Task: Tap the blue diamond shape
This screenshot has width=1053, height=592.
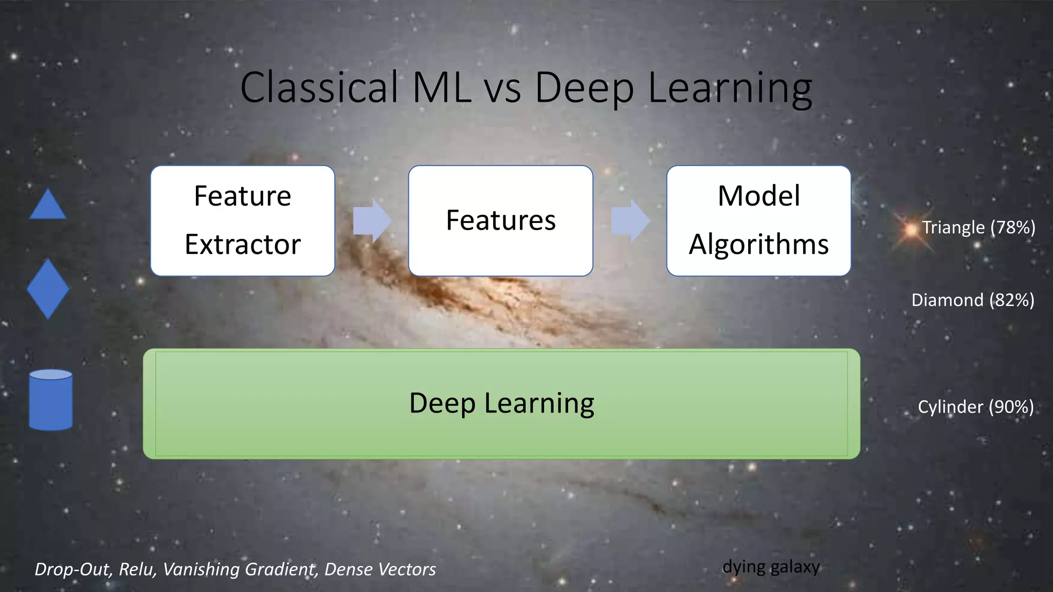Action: coord(48,289)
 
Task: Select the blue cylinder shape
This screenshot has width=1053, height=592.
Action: coord(50,400)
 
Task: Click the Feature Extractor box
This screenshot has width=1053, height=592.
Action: coord(243,220)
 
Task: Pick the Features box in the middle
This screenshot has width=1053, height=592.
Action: coord(500,220)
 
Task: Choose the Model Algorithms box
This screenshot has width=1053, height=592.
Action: coord(758,220)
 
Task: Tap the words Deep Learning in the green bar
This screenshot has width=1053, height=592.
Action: coord(501,403)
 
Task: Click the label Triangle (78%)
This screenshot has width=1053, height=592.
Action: coord(978,227)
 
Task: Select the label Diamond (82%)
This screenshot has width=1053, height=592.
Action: coord(972,300)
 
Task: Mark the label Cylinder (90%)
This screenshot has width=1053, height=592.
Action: coord(975,407)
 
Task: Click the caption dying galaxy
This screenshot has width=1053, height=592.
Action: coord(771,567)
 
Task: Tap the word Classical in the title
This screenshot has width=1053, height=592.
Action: coord(319,87)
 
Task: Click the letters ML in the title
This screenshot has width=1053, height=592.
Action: coord(441,87)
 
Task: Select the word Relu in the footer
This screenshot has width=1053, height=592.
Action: coord(138,569)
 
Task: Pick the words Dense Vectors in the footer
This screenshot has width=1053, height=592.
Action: coord(380,569)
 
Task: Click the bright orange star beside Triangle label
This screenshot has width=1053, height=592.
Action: coord(911,230)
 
